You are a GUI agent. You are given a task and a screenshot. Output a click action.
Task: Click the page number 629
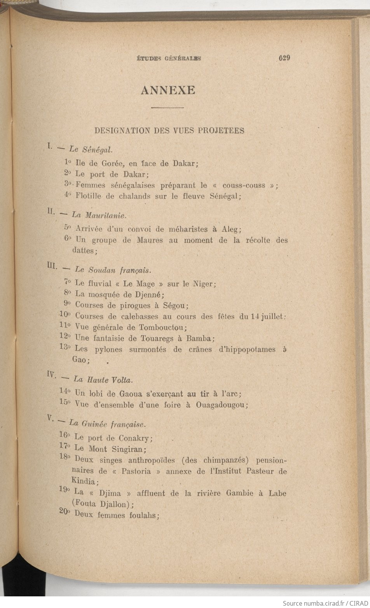click(x=284, y=58)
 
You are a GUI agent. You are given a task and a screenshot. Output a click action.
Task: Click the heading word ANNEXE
click(x=168, y=90)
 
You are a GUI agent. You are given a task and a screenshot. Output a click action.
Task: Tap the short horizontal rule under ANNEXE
click(x=167, y=107)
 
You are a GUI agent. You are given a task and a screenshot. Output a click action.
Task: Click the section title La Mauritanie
click(x=99, y=215)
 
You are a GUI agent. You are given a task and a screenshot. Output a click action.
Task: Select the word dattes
click(x=84, y=251)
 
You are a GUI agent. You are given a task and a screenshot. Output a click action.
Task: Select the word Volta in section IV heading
click(x=122, y=380)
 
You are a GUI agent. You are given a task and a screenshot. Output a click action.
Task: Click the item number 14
click(x=65, y=391)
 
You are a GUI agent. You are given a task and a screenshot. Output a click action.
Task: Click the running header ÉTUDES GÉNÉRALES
click(x=169, y=59)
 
